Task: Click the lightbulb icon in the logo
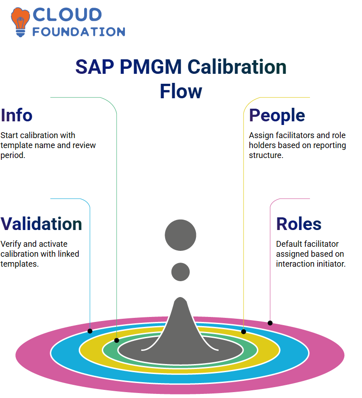pos(20,22)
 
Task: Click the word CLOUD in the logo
pos(67,15)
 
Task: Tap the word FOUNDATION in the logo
pos(79,32)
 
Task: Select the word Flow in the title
pos(181,91)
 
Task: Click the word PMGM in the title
pos(151,67)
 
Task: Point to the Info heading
pos(16,115)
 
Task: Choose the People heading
pos(277,116)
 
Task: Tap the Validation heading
pos(41,224)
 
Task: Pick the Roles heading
pos(299,224)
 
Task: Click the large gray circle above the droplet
pos(181,235)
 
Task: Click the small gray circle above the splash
pos(181,272)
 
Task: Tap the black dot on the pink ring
pos(270,323)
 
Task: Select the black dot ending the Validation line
pos(90,331)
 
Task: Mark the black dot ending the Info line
pos(116,340)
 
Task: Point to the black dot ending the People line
pos(243,331)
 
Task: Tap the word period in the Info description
pos(13,155)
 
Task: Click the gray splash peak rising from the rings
pos(180,322)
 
